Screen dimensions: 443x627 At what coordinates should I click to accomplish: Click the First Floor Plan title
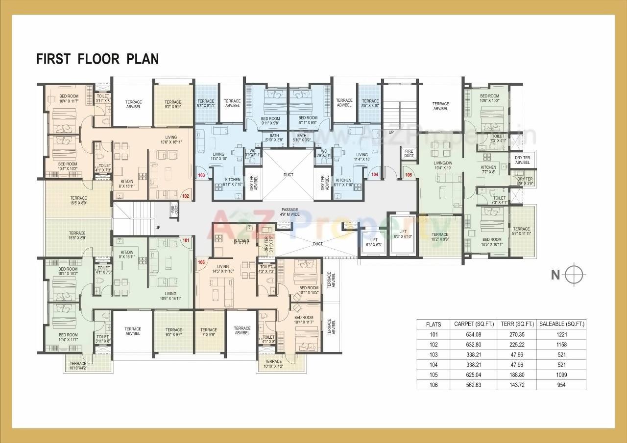click(x=97, y=59)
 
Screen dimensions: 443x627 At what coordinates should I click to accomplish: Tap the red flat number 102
click(x=186, y=196)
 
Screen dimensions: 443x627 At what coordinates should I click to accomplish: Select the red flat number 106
click(x=201, y=262)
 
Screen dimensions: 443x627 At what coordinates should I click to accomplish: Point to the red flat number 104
click(x=375, y=174)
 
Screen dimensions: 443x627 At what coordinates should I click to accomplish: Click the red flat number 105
click(x=409, y=174)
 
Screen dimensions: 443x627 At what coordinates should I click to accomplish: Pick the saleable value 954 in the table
click(x=561, y=385)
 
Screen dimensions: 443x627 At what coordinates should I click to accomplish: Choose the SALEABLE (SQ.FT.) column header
click(x=561, y=324)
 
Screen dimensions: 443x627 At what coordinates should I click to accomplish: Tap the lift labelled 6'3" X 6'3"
click(x=374, y=242)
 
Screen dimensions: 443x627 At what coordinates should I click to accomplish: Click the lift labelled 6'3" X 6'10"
click(x=403, y=234)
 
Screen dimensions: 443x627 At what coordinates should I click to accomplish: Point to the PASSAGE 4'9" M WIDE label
click(x=289, y=211)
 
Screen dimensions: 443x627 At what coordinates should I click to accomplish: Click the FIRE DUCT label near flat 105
click(x=409, y=154)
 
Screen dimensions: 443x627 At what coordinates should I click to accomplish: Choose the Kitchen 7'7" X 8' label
click(x=488, y=169)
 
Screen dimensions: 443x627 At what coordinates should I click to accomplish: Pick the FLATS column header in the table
click(x=434, y=324)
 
